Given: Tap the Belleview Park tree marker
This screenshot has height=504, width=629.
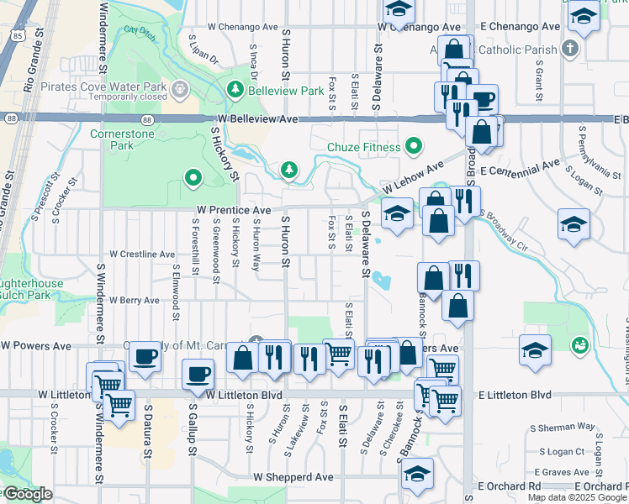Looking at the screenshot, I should (x=235, y=90).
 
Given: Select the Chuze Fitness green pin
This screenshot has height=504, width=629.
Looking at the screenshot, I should (x=413, y=147).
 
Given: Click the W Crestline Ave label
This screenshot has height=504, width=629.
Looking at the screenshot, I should (x=143, y=254).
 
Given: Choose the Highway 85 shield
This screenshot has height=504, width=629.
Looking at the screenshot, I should (x=18, y=36).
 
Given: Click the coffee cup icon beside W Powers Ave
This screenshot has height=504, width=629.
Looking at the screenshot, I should (x=144, y=356).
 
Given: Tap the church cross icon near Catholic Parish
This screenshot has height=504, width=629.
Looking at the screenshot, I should (x=570, y=49).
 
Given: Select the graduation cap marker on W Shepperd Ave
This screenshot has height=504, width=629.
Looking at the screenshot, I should (x=416, y=473).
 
